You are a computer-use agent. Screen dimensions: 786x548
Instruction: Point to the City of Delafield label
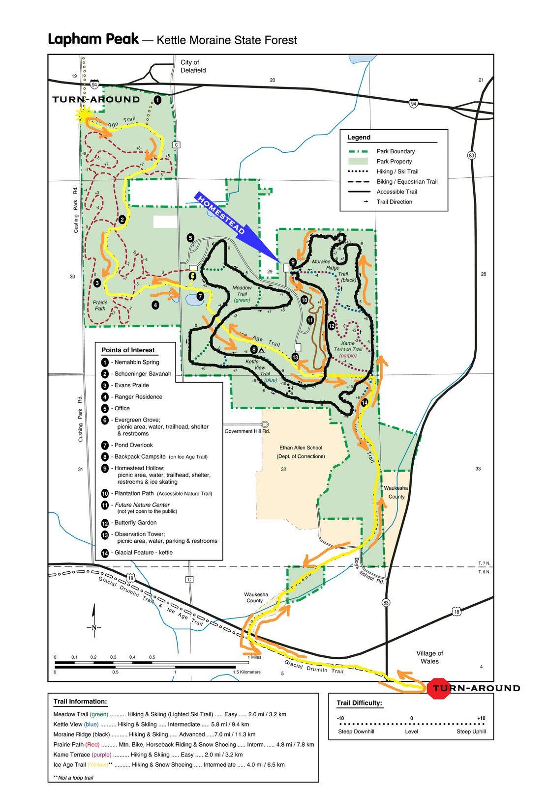click(193, 66)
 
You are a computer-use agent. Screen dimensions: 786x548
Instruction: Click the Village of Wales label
click(429, 657)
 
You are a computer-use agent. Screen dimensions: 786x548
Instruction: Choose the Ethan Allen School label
click(301, 448)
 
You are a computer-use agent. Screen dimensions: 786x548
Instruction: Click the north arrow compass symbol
click(93, 621)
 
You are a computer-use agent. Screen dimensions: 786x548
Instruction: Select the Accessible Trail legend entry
click(396, 192)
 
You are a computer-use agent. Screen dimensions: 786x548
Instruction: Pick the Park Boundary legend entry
click(396, 151)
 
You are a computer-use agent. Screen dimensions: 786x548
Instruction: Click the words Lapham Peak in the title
click(93, 39)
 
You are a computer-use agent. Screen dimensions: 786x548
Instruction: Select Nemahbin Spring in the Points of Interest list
click(137, 362)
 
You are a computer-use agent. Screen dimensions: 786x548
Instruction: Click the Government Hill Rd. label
click(247, 431)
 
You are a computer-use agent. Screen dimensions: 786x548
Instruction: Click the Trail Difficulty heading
click(359, 703)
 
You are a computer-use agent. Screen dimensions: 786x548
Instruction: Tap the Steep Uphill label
click(471, 731)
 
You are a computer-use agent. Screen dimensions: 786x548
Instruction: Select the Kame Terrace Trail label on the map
click(348, 349)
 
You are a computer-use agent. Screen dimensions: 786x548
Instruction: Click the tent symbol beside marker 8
click(262, 350)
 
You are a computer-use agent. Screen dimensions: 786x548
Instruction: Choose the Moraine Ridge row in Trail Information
click(154, 734)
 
